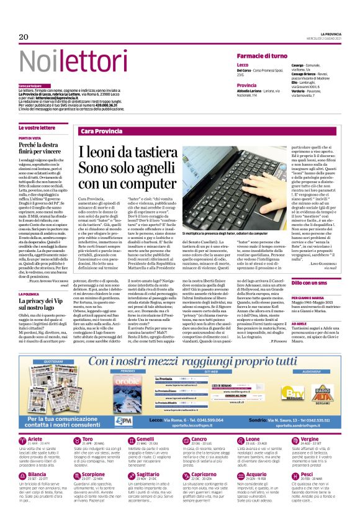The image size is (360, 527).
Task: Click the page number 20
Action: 24,38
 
